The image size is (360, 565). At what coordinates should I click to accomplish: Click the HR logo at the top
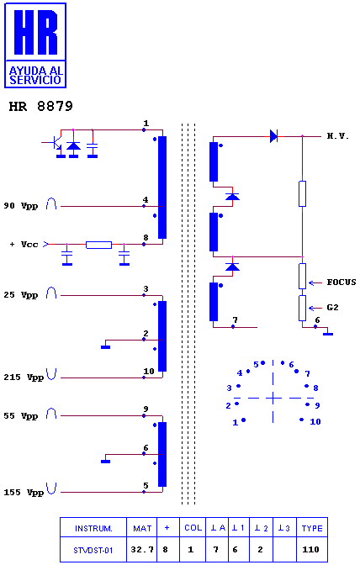tap(35, 45)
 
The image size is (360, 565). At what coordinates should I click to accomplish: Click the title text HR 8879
tap(40, 106)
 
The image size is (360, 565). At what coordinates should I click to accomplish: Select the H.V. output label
tap(337, 136)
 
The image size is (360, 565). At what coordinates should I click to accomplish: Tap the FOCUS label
tap(341, 282)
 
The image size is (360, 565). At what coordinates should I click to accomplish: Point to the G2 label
tap(332, 308)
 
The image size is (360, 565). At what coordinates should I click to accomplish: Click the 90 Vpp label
tap(20, 206)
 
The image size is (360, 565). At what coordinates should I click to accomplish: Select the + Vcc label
tap(24, 245)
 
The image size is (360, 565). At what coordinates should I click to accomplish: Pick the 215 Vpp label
tap(24, 378)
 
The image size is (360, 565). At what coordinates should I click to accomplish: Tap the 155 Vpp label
tap(24, 492)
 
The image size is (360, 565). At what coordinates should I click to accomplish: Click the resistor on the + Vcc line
tap(98, 245)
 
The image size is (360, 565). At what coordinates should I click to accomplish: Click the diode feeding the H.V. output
tap(274, 136)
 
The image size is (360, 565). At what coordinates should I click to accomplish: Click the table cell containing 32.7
tap(142, 550)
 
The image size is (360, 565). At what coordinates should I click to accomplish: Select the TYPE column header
tap(312, 528)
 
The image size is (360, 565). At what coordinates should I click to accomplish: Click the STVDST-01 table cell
tap(93, 550)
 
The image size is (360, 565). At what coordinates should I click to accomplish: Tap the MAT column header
tap(142, 528)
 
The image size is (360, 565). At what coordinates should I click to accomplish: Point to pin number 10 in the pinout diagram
tap(315, 421)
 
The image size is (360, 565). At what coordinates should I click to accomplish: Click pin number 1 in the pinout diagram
tap(236, 422)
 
